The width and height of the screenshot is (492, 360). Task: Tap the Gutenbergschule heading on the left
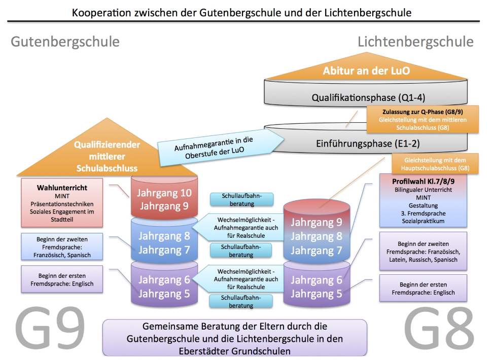(65, 42)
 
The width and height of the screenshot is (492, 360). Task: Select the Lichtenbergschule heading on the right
(415, 42)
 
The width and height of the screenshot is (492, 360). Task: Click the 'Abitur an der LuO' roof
(366, 71)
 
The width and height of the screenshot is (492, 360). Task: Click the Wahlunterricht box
(62, 201)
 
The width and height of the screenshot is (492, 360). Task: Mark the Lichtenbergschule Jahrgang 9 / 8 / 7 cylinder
(317, 236)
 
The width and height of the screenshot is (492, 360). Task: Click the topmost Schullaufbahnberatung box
(241, 200)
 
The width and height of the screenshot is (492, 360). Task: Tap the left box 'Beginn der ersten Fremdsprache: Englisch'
(62, 280)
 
